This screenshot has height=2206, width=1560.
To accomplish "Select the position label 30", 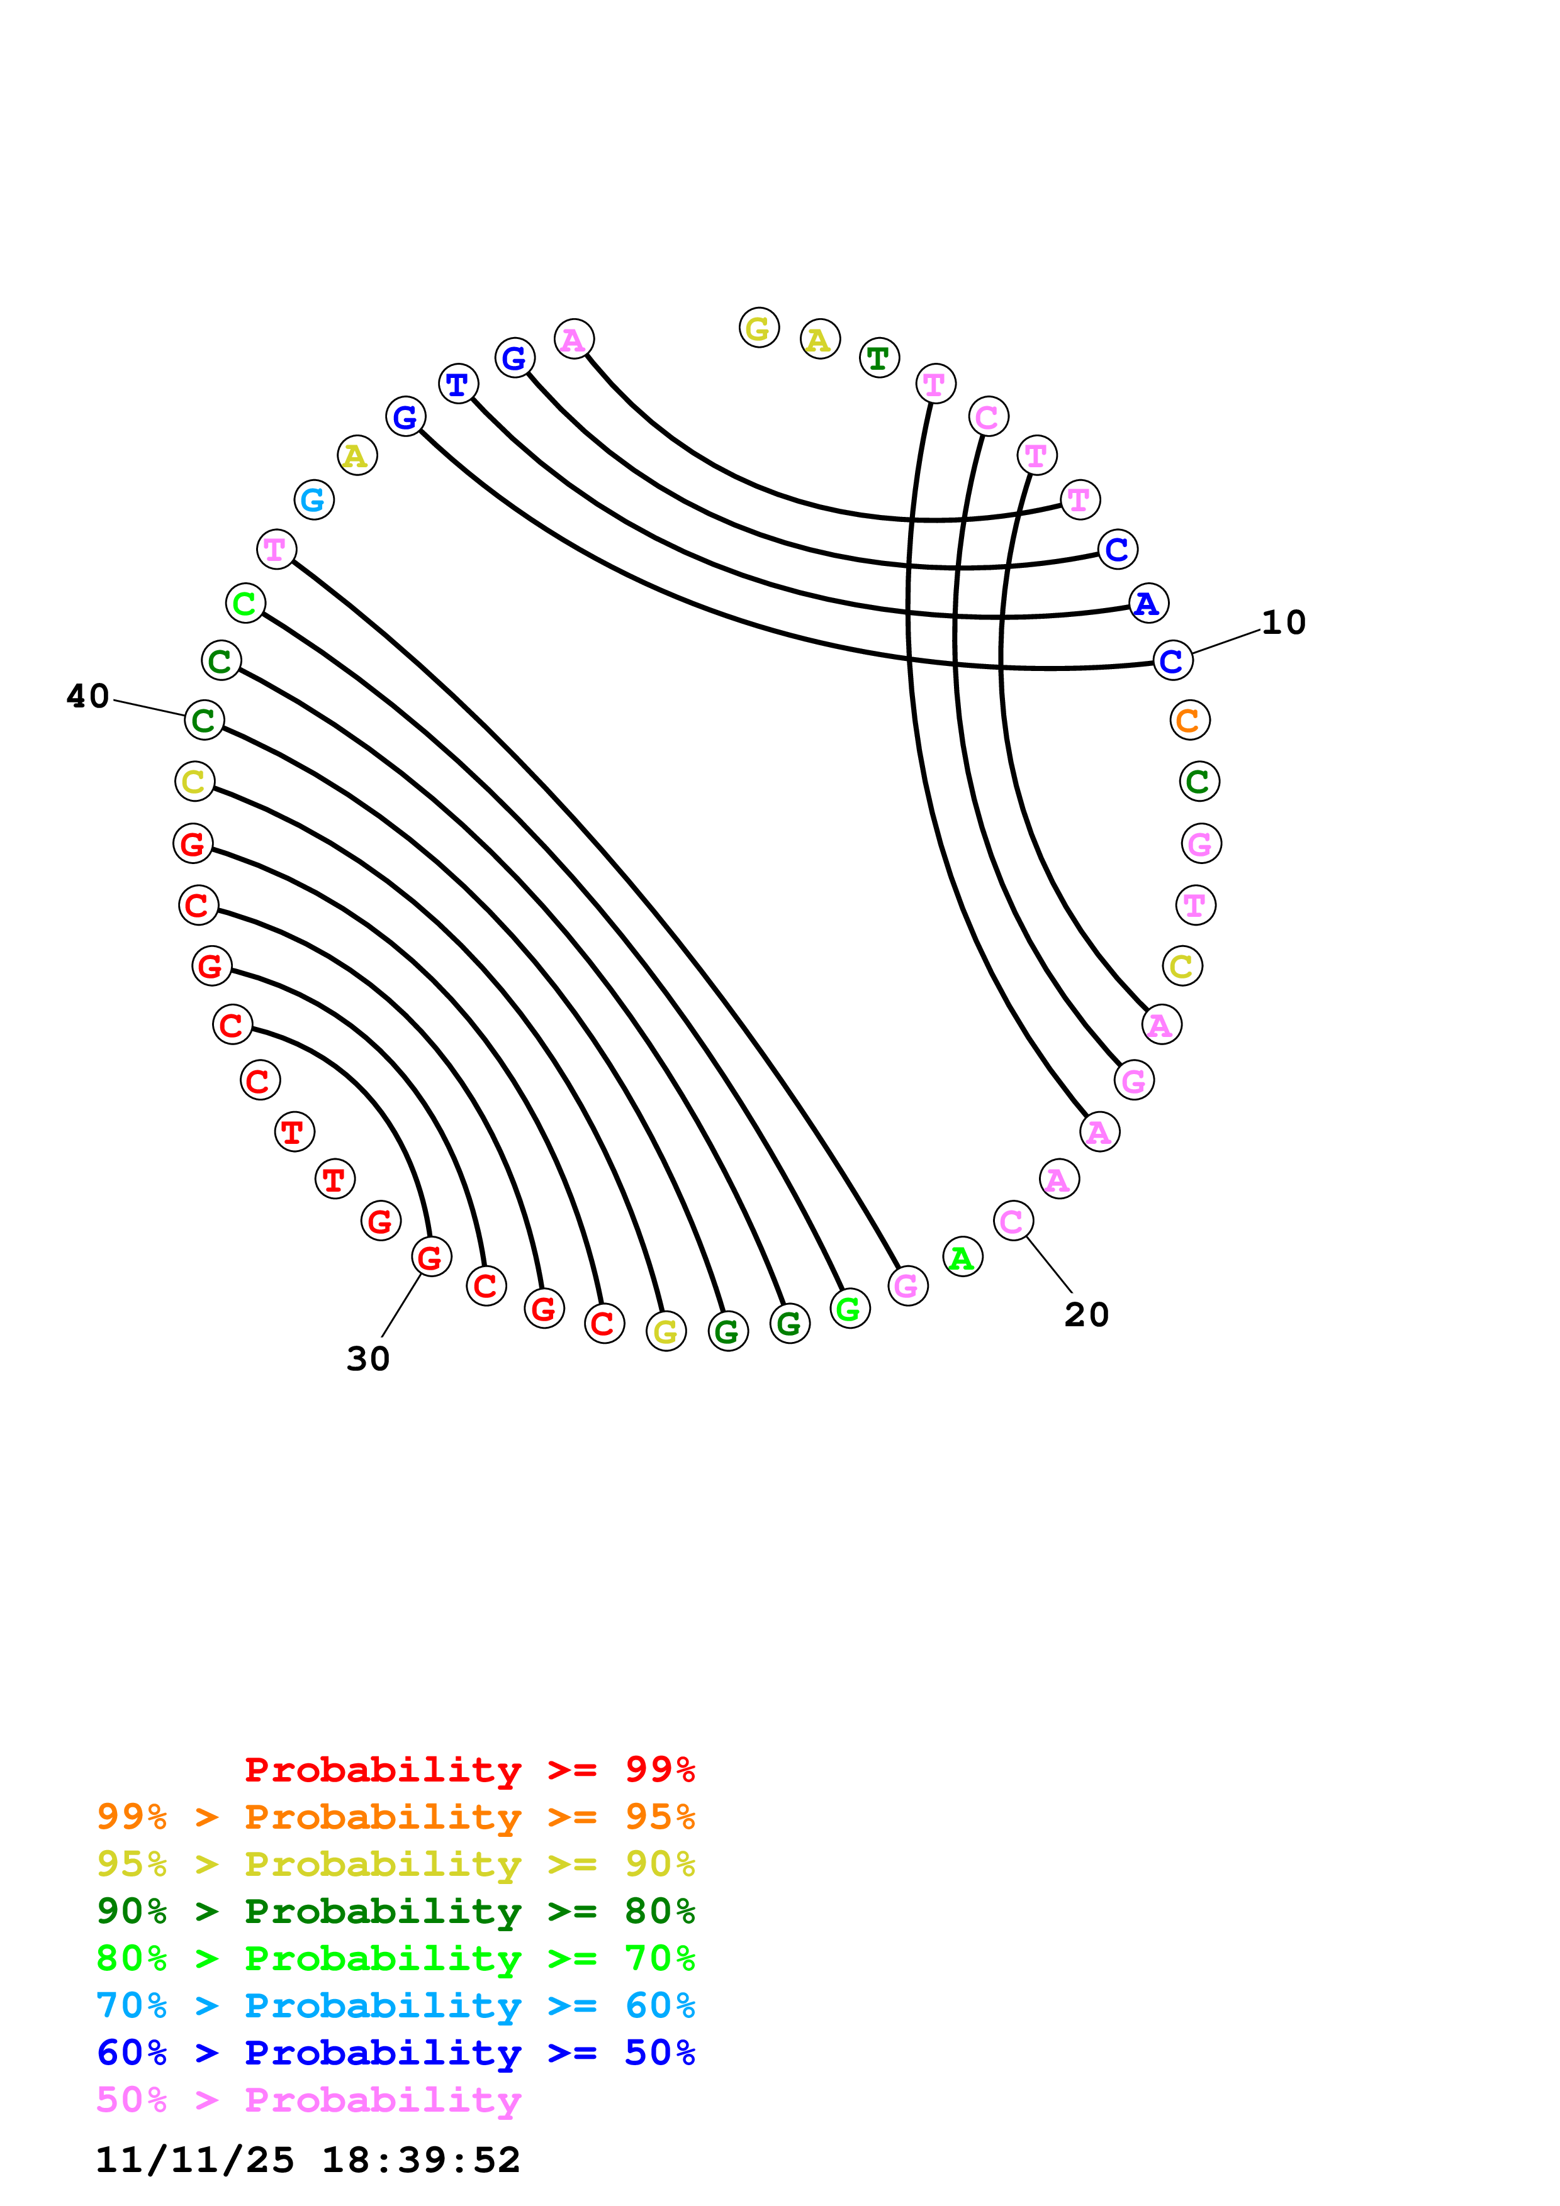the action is pos(368,1358).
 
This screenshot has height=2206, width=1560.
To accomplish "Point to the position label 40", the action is pos(87,696).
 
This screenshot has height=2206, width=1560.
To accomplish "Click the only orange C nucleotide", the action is pos(1189,719).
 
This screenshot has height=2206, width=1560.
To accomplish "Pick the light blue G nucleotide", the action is pos(313,499).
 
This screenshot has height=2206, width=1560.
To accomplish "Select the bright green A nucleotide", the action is pos(962,1258).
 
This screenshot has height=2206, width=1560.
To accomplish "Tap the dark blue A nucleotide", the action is pos(1148,604).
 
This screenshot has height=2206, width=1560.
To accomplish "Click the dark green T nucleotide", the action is pos(878,358).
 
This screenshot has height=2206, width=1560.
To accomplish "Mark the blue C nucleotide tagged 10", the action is pos(1172,661).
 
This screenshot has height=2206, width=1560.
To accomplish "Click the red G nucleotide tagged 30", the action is pos(430,1256).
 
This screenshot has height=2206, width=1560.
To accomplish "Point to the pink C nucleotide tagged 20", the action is pos(1012,1221).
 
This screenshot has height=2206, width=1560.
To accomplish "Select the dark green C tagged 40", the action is pos(204,719).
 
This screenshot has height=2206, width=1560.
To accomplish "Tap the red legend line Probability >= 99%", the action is pos(469,1770).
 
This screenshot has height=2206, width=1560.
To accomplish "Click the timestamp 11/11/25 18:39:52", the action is pos(308,2160).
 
